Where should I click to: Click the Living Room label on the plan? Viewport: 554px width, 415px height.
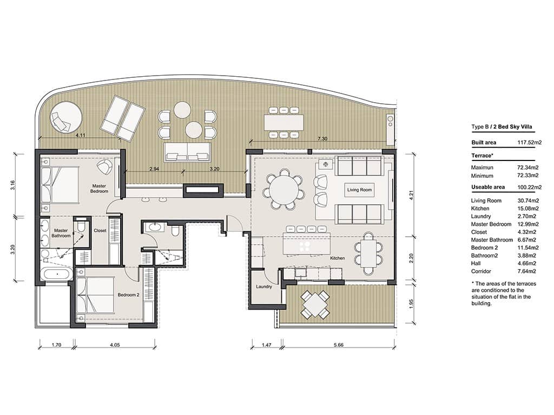click(x=359, y=190)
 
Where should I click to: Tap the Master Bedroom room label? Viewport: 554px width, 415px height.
click(x=98, y=189)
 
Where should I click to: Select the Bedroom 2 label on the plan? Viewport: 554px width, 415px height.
click(x=129, y=294)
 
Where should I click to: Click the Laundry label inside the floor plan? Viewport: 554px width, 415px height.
click(x=264, y=286)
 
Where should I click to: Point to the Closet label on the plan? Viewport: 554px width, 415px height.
click(x=100, y=230)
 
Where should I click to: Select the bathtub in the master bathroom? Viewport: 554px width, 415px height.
click(x=56, y=275)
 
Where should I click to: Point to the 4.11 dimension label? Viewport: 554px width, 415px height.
click(x=80, y=134)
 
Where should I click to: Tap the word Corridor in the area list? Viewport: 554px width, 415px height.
click(x=481, y=271)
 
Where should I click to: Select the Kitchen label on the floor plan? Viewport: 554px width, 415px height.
click(x=338, y=258)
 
